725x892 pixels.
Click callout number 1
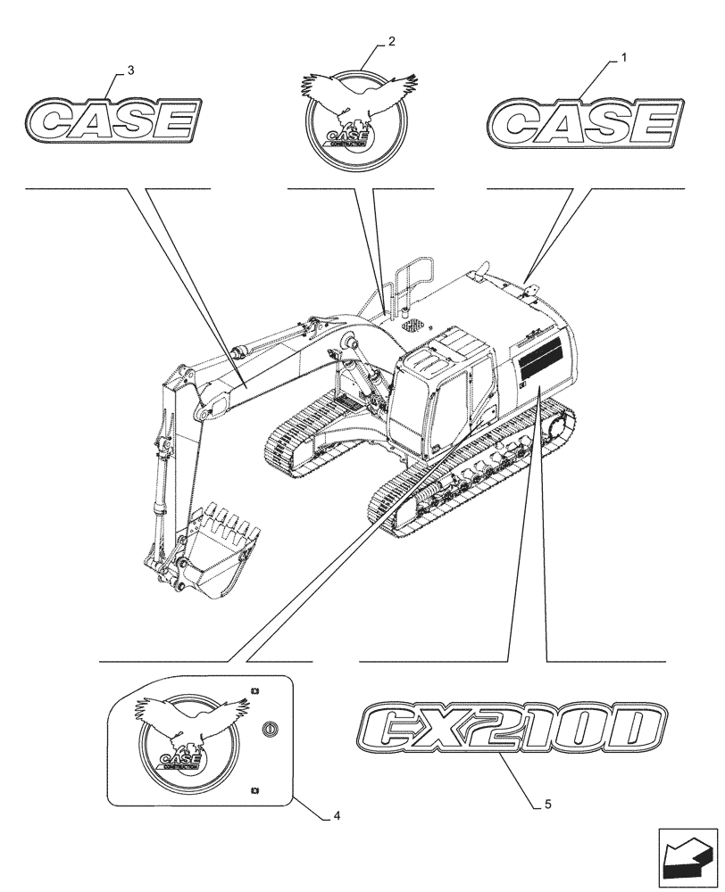pos(623,58)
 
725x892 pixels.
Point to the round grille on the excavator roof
pos(412,327)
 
